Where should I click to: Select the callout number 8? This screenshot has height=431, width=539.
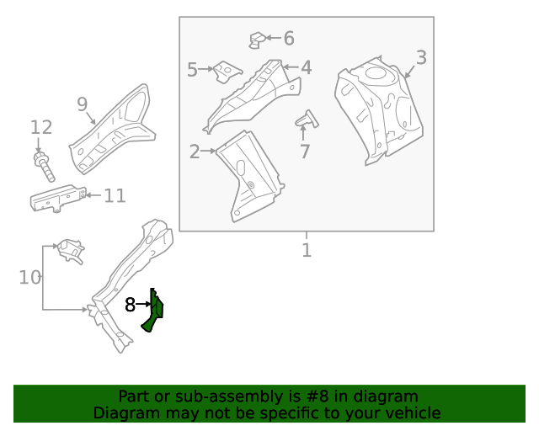[x=130, y=305]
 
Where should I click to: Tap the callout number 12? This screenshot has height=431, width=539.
[x=41, y=128]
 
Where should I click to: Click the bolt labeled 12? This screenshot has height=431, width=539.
[x=44, y=166]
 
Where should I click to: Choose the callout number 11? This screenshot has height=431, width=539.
[x=115, y=196]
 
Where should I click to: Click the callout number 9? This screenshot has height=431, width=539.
[x=83, y=104]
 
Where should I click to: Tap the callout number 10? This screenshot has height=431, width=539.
[x=29, y=277]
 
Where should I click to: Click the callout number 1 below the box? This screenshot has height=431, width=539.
[x=307, y=250]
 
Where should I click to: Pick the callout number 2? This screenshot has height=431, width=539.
[x=195, y=152]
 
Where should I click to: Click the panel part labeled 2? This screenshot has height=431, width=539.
[x=251, y=178]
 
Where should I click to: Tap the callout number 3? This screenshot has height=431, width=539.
[x=421, y=58]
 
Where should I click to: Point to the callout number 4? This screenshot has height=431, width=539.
[x=307, y=67]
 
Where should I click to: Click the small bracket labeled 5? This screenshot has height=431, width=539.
[x=226, y=72]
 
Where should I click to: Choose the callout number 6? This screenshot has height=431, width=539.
[x=289, y=38]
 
